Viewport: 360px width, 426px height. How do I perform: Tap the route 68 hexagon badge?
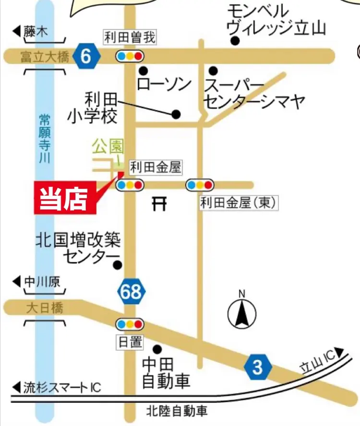pyautogui.click(x=131, y=292)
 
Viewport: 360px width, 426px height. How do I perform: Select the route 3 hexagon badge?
pyautogui.click(x=258, y=367)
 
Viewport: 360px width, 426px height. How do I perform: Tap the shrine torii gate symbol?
pyautogui.click(x=160, y=204)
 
